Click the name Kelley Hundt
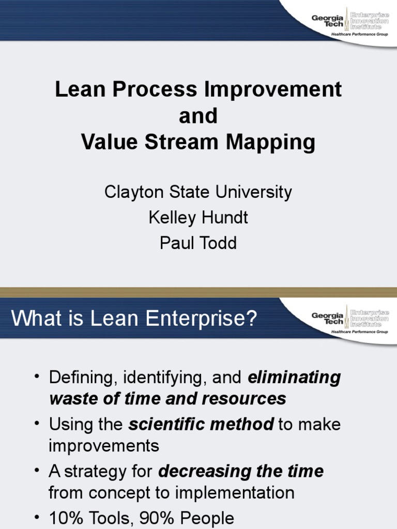pyautogui.click(x=198, y=217)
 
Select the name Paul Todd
pyautogui.click(x=198, y=243)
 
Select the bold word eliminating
pyautogui.click(x=294, y=378)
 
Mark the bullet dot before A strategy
pyautogui.click(x=37, y=471)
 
